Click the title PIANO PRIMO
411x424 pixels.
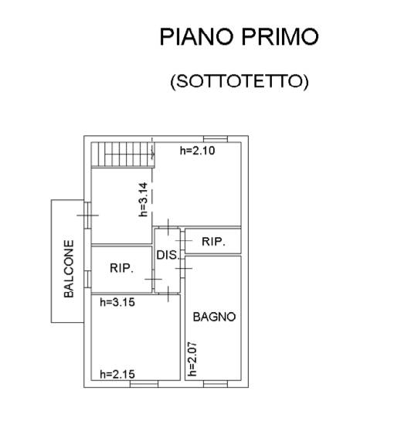click(239, 36)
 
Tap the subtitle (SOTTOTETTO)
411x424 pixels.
click(239, 81)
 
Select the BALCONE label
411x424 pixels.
click(69, 269)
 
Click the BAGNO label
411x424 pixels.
click(214, 317)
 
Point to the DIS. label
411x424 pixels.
click(168, 255)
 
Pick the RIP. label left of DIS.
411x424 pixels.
click(122, 268)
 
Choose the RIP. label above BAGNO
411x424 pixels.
click(213, 242)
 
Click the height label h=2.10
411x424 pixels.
click(198, 151)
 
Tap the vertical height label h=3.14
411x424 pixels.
click(143, 199)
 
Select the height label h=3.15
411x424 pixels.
click(117, 302)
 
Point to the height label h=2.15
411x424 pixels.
click(117, 375)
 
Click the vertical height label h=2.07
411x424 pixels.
click(192, 359)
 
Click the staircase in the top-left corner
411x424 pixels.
click(123, 154)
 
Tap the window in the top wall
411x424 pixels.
click(216, 139)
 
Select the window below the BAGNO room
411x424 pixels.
click(216, 384)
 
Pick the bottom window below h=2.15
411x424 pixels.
click(144, 384)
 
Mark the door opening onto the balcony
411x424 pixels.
click(87, 215)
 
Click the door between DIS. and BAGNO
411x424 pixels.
click(183, 268)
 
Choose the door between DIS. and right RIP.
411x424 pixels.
click(183, 241)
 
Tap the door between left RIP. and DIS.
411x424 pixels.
click(153, 279)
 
